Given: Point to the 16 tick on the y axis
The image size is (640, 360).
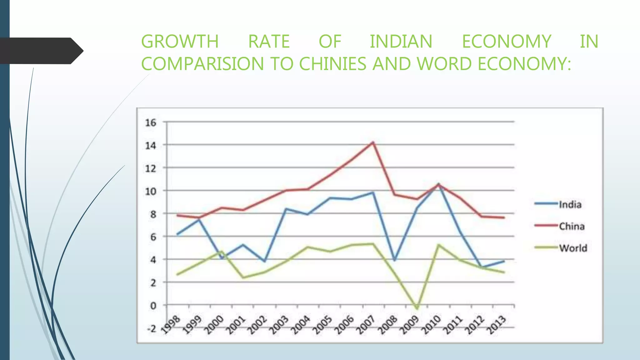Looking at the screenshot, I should tap(151, 122).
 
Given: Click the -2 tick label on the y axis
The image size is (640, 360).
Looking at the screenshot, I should tap(152, 328).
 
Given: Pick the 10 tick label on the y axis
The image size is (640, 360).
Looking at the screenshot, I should tap(151, 191).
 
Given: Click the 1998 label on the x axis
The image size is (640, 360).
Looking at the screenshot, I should tap(171, 325).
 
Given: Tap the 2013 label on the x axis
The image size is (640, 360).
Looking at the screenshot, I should tap(497, 325).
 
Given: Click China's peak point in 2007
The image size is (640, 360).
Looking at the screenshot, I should tap(373, 142).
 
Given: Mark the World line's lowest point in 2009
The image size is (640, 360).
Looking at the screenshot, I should tap(417, 308).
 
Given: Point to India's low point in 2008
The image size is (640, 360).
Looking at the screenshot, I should tap(395, 260).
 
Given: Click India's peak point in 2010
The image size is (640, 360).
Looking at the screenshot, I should tap(438, 184).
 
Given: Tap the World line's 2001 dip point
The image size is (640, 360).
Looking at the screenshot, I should tap(243, 277).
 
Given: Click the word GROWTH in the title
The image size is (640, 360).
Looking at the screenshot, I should tap(180, 42).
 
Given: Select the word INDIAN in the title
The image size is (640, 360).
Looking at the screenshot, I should tap(401, 42).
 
